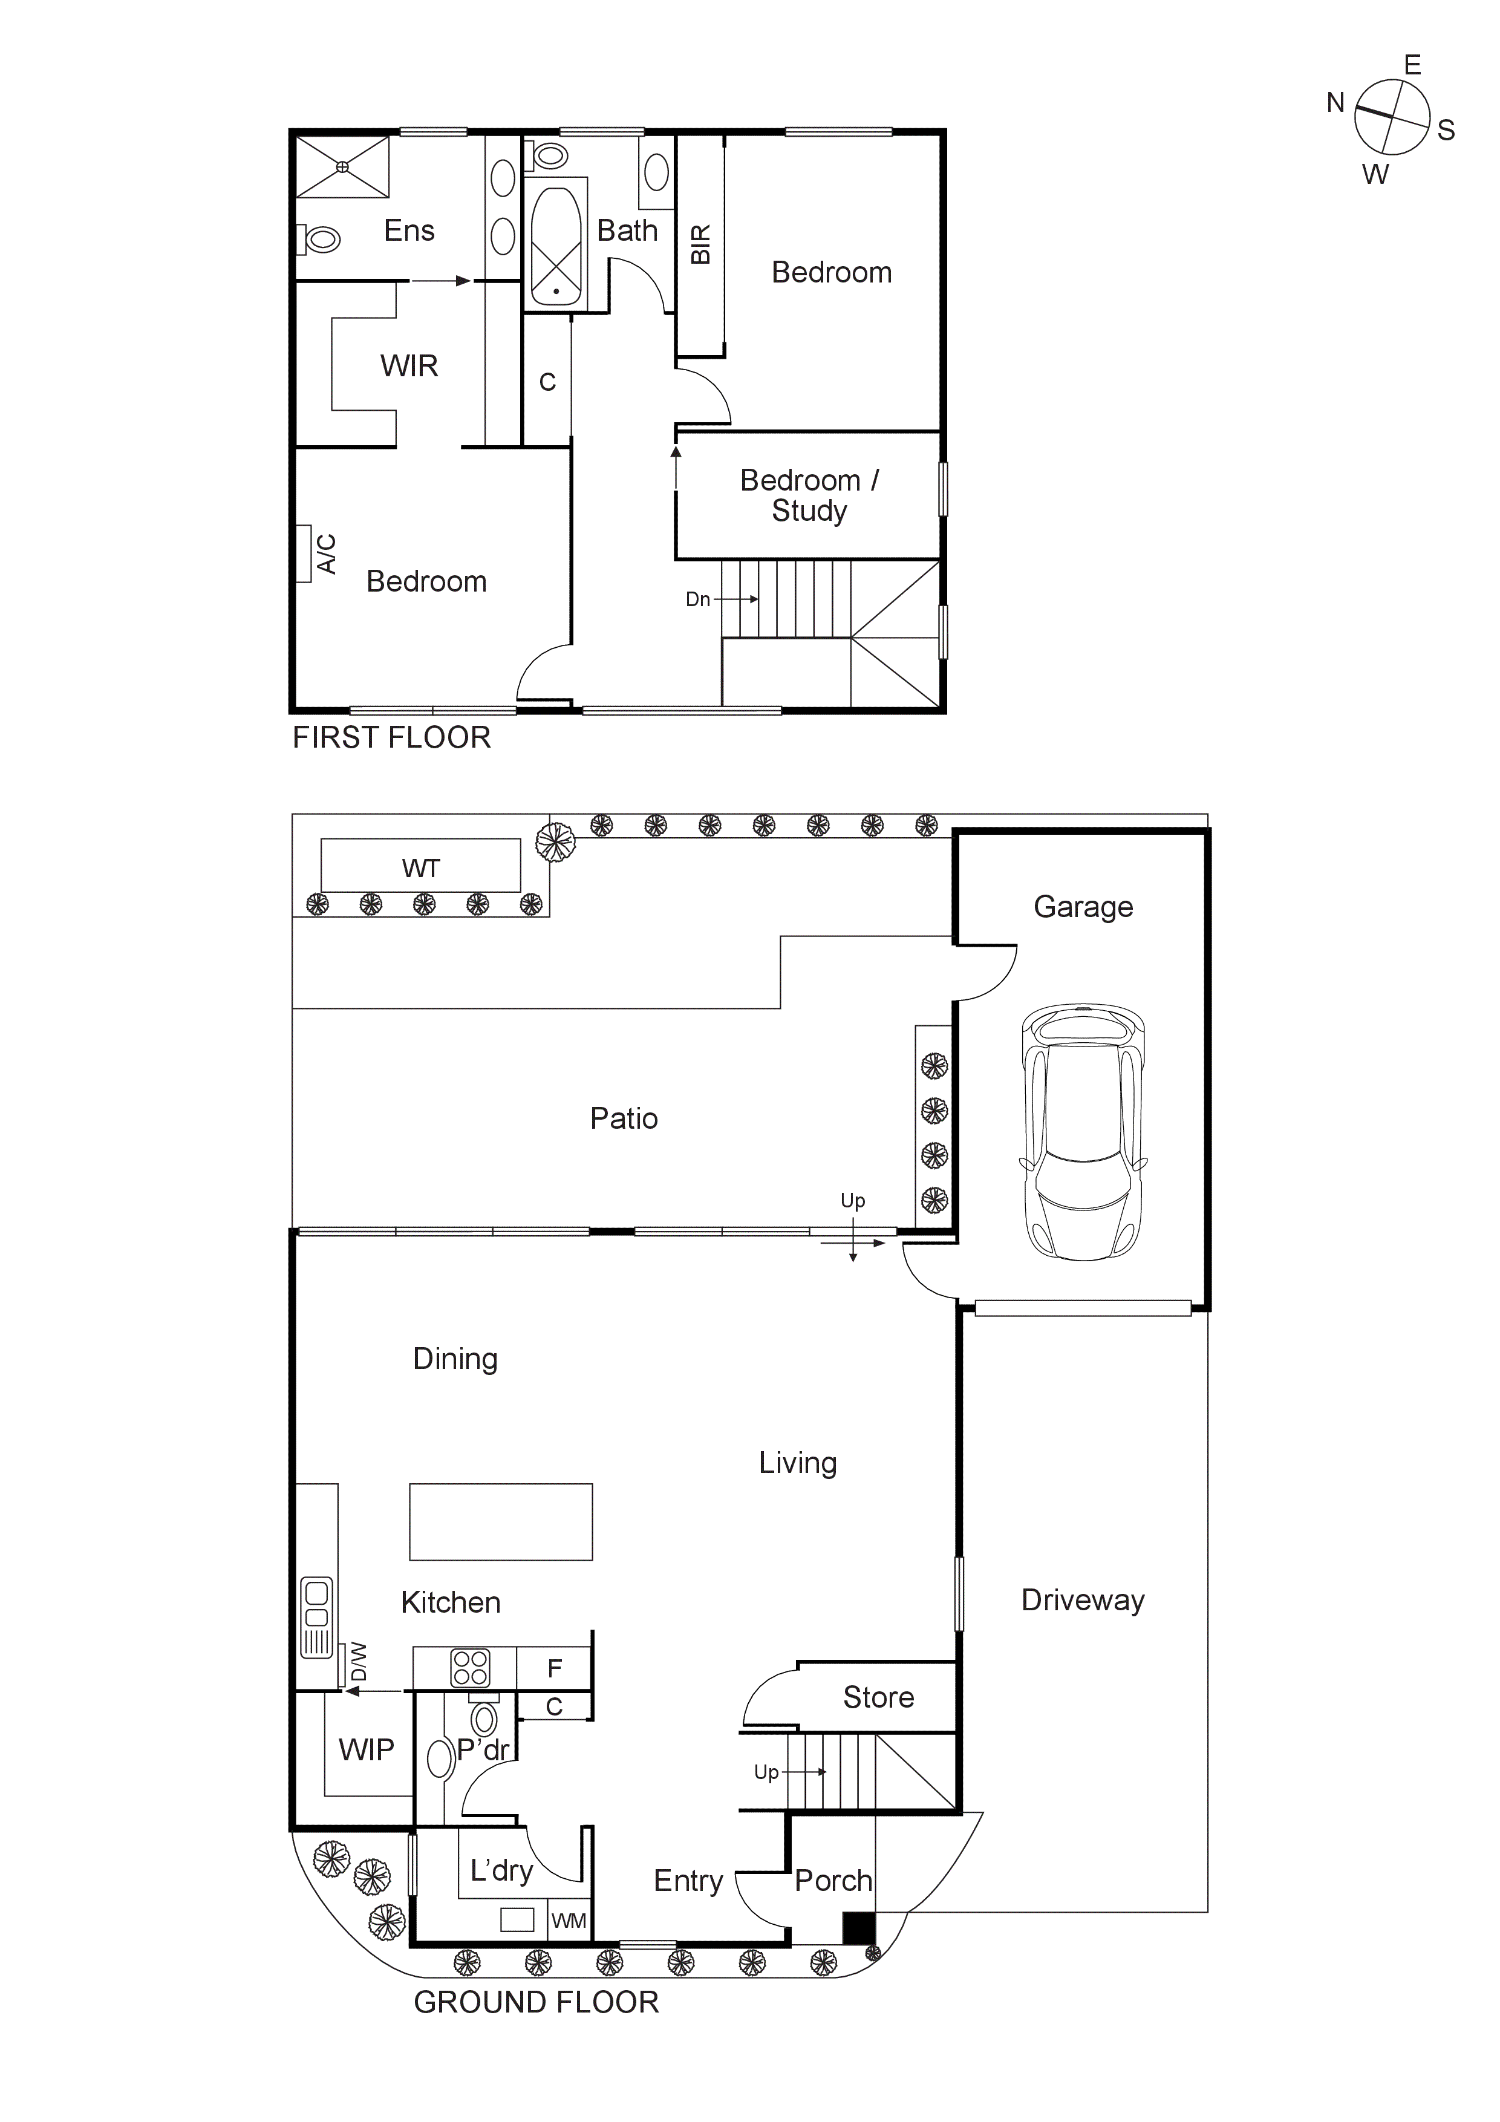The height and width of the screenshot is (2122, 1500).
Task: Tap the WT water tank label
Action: click(x=420, y=868)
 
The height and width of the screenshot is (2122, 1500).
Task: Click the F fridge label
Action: click(x=555, y=1668)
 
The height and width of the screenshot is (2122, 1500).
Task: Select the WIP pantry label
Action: click(x=366, y=1749)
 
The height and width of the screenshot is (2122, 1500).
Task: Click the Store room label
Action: click(x=878, y=1697)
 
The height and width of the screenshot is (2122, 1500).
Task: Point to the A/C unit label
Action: click(x=326, y=553)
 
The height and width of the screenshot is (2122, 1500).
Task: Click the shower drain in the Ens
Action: click(x=342, y=166)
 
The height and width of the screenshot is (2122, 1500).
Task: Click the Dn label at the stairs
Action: click(x=698, y=599)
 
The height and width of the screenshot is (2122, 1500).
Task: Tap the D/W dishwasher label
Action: click(x=359, y=1661)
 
